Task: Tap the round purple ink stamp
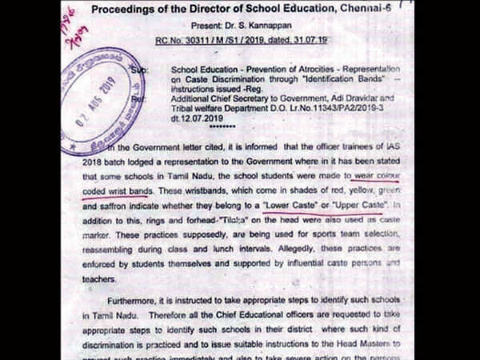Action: pos(102,97)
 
